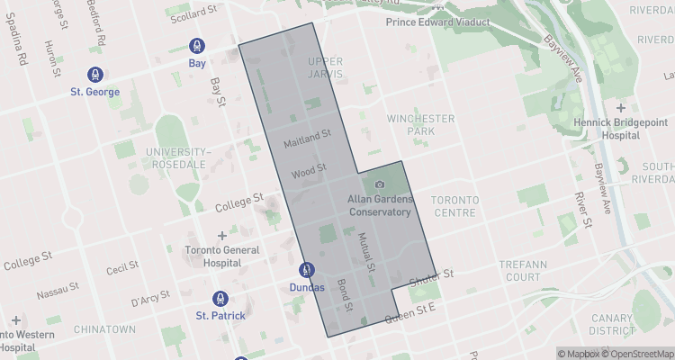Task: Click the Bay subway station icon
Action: click(196, 47)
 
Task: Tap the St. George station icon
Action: click(94, 75)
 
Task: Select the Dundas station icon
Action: click(306, 269)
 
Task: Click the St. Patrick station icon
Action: click(219, 298)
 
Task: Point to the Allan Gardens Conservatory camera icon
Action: click(379, 184)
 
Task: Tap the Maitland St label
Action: click(307, 139)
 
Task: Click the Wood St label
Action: click(309, 169)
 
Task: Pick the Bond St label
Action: click(344, 296)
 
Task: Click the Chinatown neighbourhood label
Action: click(104, 329)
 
